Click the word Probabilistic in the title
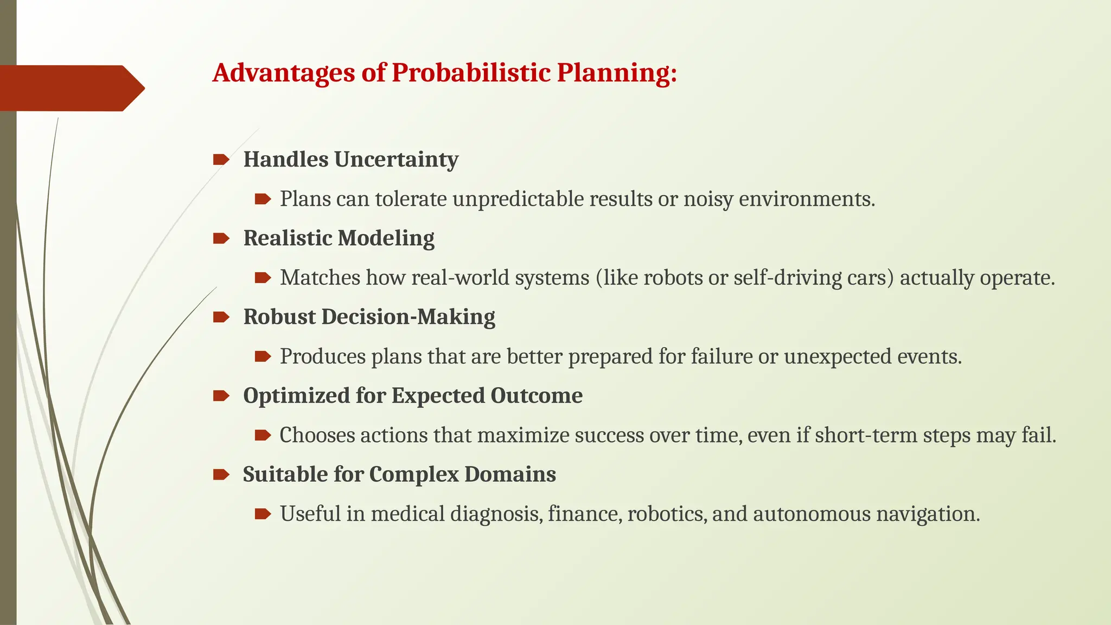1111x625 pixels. click(471, 73)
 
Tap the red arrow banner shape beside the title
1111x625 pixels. click(71, 88)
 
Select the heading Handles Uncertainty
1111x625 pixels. click(350, 160)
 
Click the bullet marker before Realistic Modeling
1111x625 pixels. click(221, 238)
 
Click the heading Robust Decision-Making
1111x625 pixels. click(369, 317)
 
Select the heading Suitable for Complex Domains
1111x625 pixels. click(399, 474)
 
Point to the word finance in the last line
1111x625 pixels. click(584, 514)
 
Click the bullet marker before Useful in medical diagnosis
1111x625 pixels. click(263, 514)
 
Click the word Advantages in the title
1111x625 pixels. click(284, 73)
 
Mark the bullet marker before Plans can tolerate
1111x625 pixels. click(263, 199)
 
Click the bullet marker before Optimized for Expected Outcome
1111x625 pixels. click(221, 396)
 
